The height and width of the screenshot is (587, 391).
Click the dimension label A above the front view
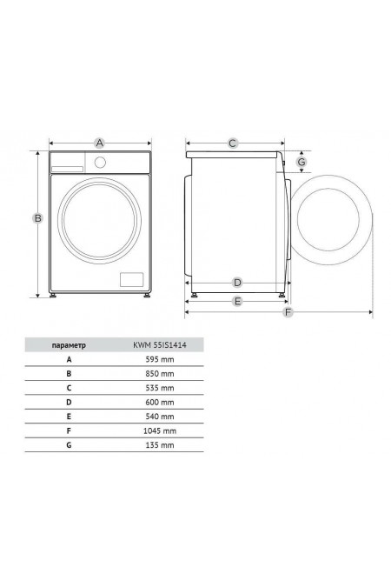pos(99,143)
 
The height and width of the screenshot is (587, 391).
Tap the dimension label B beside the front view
pos(37,218)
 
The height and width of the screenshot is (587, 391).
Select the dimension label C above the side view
pos(232,143)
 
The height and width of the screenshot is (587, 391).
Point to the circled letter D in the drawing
pos(237,283)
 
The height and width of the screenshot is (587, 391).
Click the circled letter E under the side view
pos(237,301)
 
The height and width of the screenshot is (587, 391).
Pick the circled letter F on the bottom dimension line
pos(288,312)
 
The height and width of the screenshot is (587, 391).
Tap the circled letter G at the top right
pos(302,162)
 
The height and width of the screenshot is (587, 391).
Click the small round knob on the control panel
pos(100,163)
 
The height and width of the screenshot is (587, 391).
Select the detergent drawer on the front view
pos(68,169)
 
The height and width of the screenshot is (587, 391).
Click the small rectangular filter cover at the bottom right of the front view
pos(131,280)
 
